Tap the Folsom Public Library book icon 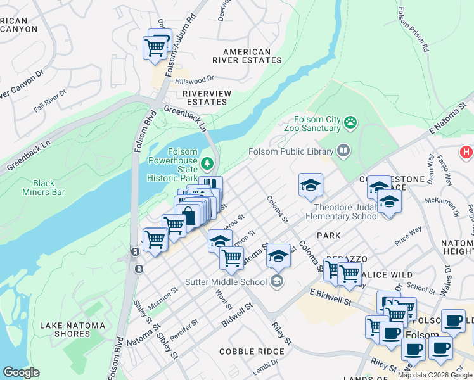343,151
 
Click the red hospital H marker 466,153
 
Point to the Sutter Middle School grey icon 277,281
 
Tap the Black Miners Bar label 44,187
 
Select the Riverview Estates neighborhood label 207,98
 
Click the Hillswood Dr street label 195,80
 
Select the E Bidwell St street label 331,296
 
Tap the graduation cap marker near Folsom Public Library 311,185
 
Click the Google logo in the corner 22,372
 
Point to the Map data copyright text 435,375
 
